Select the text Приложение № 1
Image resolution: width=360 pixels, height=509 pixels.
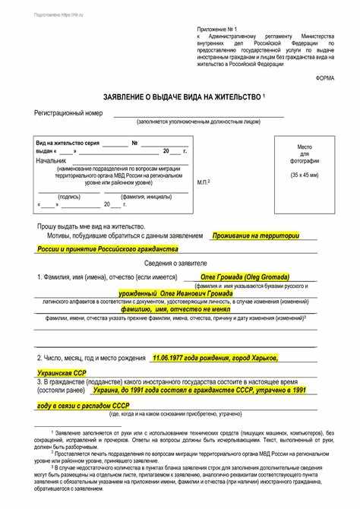pyautogui.click(x=219, y=28)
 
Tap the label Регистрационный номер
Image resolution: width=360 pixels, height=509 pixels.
pyautogui.click(x=68, y=113)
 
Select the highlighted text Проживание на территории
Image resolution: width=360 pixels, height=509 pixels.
pyautogui.click(x=256, y=236)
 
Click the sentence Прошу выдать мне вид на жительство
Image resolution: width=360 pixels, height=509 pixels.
pyautogui.click(x=90, y=226)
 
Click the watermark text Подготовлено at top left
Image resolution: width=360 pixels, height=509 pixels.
pyautogui.click(x=27, y=14)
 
